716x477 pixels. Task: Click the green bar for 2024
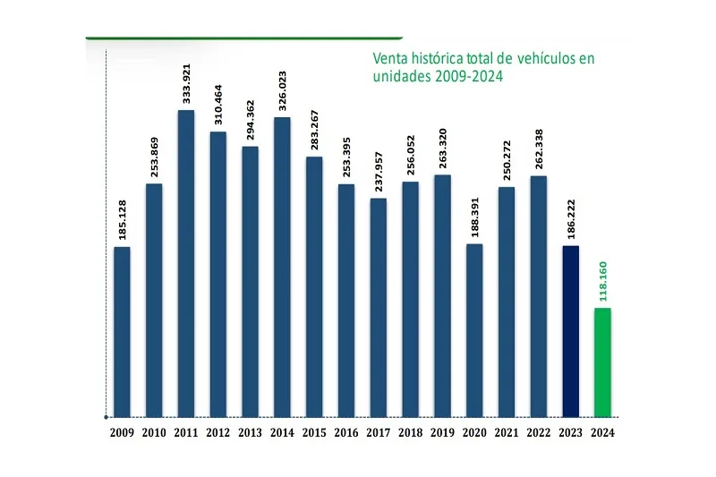[x=602, y=362]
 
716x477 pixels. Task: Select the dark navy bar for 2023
[x=570, y=331]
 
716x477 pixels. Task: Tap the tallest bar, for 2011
[x=186, y=263]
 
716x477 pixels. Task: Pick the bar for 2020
[x=474, y=330]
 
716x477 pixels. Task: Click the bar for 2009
[x=122, y=331]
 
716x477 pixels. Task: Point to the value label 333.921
[x=186, y=85]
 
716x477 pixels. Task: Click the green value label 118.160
[x=603, y=281]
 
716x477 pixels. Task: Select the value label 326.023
[x=282, y=92]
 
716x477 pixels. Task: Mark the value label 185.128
[x=123, y=222]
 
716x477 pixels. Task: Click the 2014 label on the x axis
[x=282, y=433]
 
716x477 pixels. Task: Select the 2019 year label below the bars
[x=442, y=433]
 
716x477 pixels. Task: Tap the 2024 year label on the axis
[x=602, y=433]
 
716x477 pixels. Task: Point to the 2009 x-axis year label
[x=122, y=433]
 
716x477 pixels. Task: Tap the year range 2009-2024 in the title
[x=468, y=77]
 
